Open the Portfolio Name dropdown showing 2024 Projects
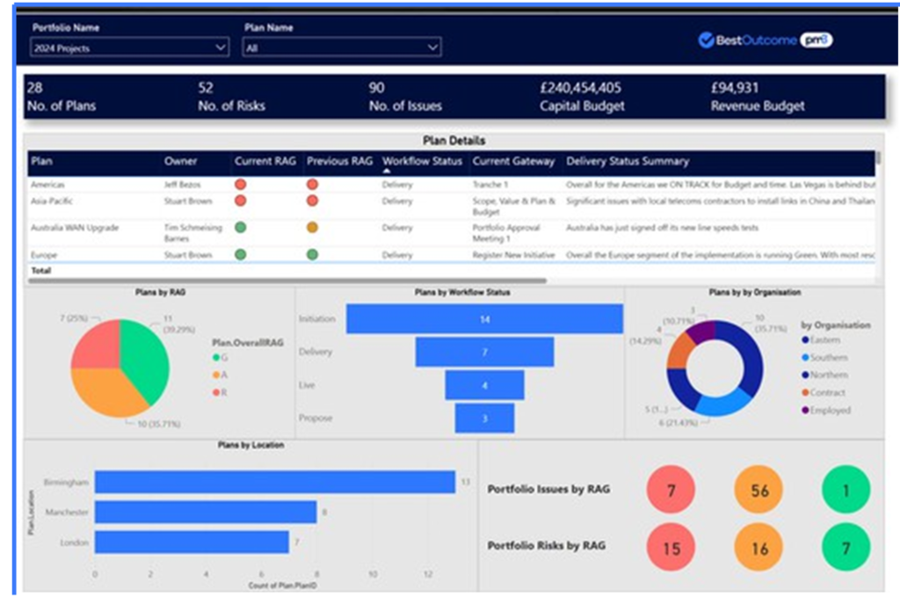click(129, 48)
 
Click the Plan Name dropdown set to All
click(342, 48)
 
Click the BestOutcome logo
click(765, 40)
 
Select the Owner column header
click(180, 162)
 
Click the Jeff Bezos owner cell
click(185, 185)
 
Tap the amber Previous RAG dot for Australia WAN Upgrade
click(312, 228)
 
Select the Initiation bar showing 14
click(484, 319)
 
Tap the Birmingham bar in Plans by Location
click(275, 482)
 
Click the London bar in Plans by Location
click(192, 542)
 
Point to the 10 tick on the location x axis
click(373, 573)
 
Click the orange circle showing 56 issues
click(759, 491)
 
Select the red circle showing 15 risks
click(671, 549)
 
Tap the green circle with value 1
click(846, 491)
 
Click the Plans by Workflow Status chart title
click(461, 292)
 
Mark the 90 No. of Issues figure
click(377, 88)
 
